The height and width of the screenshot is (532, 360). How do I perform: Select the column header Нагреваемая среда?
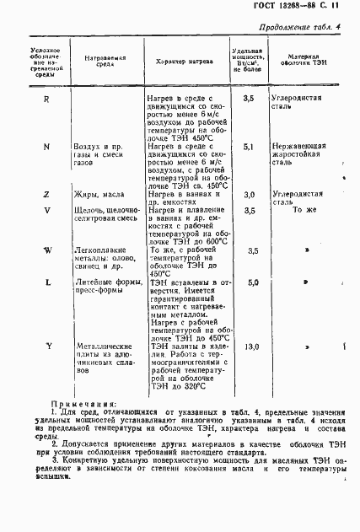click(105, 62)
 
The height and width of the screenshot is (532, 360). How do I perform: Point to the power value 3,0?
click(249, 195)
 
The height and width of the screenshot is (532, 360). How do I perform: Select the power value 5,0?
click(251, 283)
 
